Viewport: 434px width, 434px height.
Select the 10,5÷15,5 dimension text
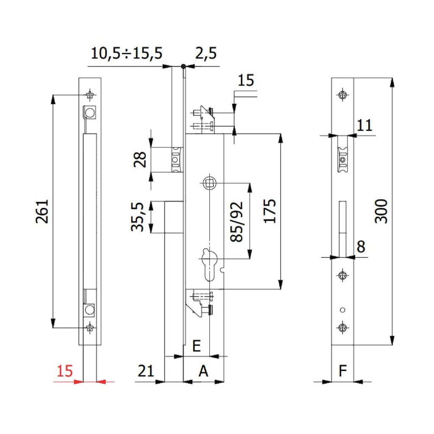point(127,54)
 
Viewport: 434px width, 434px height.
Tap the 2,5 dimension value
point(206,54)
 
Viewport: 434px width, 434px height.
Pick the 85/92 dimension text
point(237,221)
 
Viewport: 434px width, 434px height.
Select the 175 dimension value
point(270,211)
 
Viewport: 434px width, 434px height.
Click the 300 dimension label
point(381,211)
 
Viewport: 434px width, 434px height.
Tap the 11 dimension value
point(364,125)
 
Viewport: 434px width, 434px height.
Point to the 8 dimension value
point(361,247)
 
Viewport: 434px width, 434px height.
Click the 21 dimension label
point(145,371)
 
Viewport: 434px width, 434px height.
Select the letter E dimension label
point(196,346)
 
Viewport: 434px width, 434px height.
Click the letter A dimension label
point(204,371)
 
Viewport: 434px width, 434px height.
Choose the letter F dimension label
point(343,371)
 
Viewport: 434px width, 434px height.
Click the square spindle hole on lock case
point(210,183)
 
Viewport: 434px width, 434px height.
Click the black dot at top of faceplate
point(183,66)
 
